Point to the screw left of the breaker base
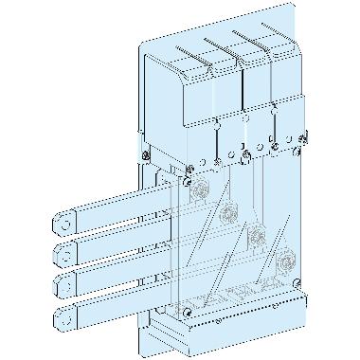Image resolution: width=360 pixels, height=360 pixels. [x=143, y=151]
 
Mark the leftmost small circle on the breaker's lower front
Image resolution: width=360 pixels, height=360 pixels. [x=217, y=123]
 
